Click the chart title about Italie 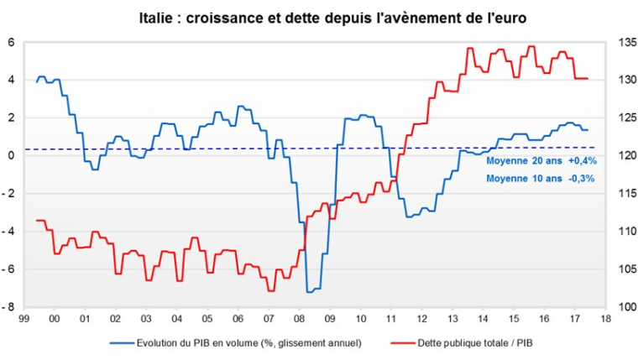tap(319, 16)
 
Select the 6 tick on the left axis tap(12, 43)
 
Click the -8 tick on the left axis tap(10, 307)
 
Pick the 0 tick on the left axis tap(12, 156)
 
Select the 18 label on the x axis tap(605, 320)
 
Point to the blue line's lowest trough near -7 tap(310, 291)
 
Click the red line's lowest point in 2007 tap(270, 290)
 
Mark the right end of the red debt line tap(588, 78)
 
